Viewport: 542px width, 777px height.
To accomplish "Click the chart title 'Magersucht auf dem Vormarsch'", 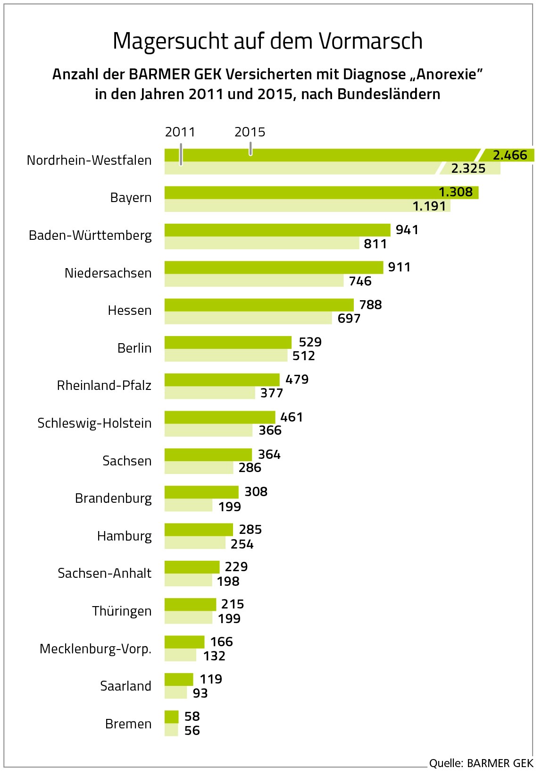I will [267, 42].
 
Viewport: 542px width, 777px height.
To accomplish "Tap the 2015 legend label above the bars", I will [250, 132].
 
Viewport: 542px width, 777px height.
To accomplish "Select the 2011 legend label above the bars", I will [180, 132].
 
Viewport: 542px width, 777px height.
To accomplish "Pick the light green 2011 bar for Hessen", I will [248, 318].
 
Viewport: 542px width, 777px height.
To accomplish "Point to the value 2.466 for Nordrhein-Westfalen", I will [509, 155].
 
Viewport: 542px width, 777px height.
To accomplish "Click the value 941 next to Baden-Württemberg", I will [407, 230].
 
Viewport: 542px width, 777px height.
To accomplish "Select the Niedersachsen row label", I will [108, 273].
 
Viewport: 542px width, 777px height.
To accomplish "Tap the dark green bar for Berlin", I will [228, 342].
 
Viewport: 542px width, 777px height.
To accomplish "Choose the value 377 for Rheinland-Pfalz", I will [272, 393].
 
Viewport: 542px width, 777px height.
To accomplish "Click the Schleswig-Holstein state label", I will [94, 423].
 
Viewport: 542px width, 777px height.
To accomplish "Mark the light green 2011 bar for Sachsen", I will [199, 467].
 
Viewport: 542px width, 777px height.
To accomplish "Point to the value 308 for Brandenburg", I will [256, 492].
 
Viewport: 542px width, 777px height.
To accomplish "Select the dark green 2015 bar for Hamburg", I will [199, 529].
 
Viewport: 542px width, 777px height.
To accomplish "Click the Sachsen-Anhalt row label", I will [105, 573].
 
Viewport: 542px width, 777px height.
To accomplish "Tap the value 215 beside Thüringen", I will [233, 604].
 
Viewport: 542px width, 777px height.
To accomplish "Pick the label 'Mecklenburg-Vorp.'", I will [95, 649].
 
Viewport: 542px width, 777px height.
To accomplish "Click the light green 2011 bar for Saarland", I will [176, 693].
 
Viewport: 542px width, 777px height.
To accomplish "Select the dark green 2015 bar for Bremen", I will [172, 717].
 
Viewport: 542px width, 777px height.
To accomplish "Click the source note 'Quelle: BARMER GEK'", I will [481, 763].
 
